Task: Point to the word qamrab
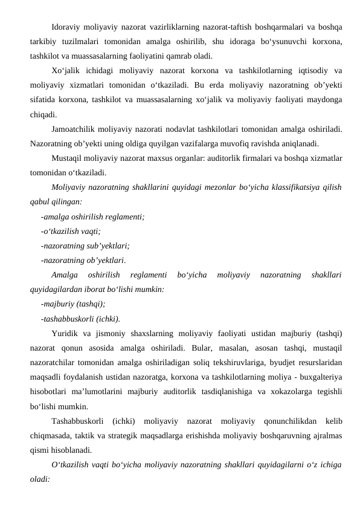coord(173,56)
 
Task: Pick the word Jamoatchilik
coord(76,129)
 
